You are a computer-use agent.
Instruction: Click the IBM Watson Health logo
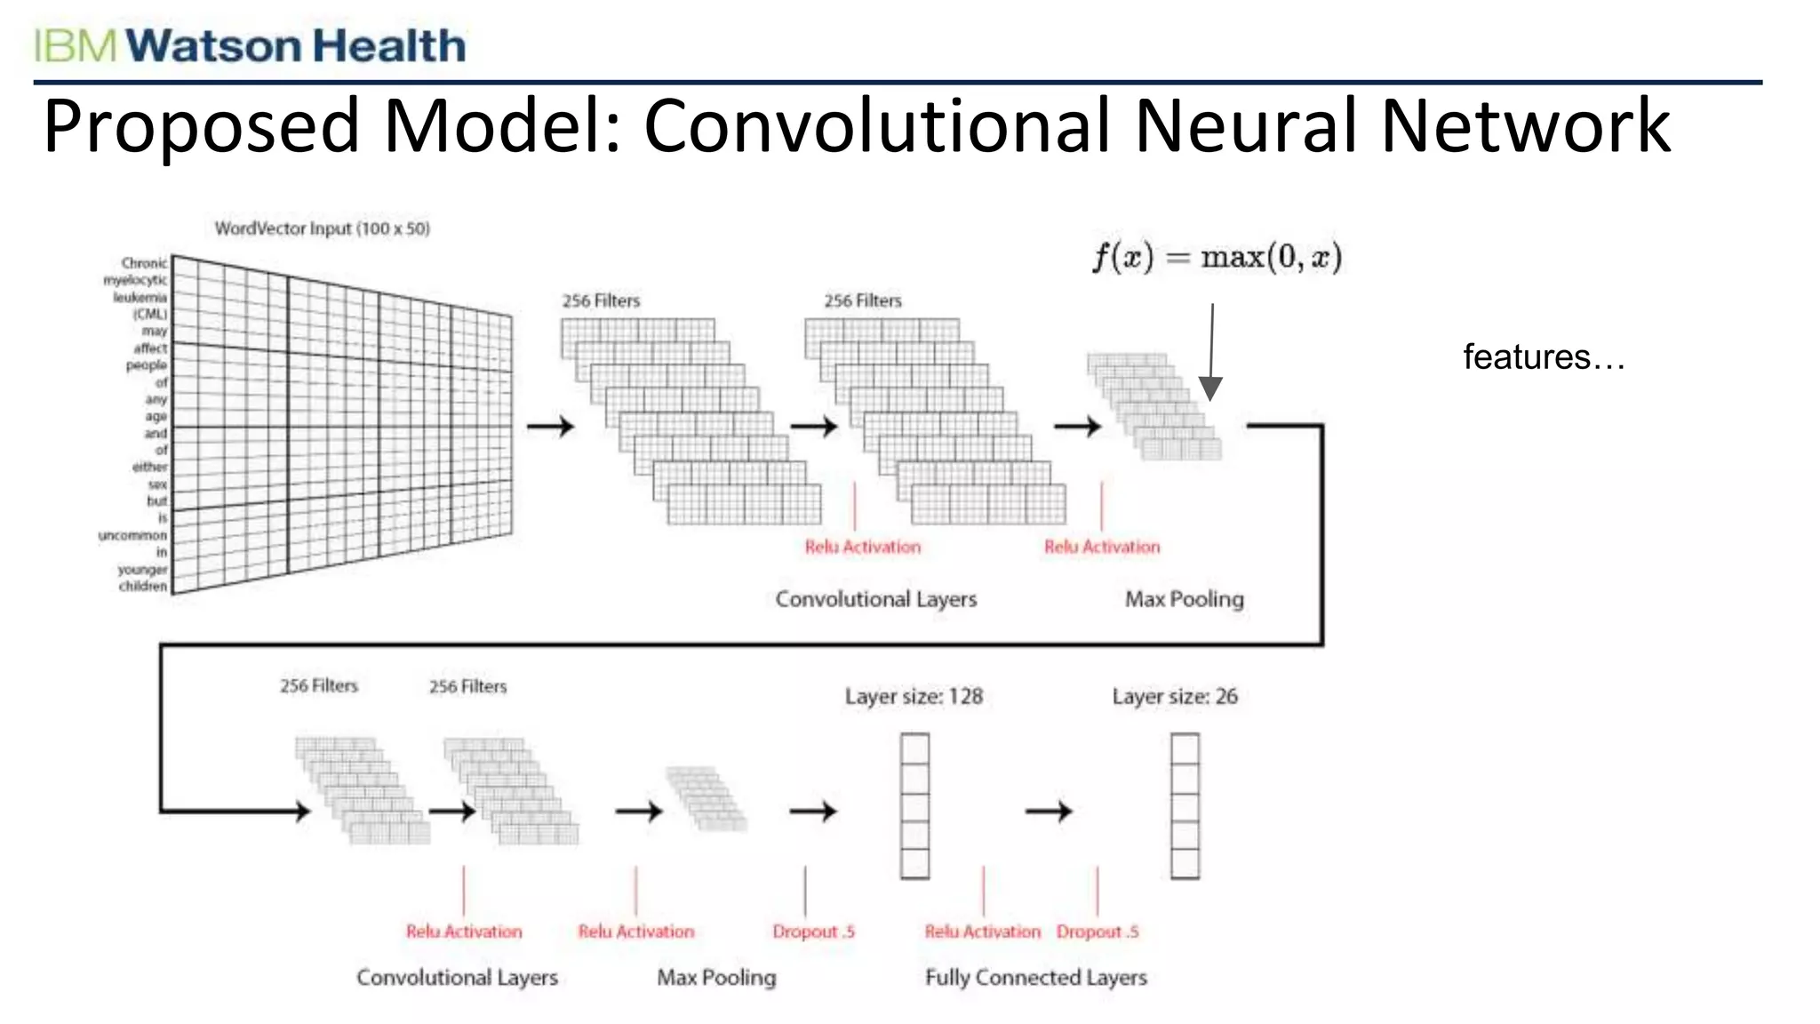click(250, 45)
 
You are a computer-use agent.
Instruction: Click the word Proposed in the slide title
click(201, 126)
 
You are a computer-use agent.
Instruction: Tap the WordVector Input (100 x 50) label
click(322, 228)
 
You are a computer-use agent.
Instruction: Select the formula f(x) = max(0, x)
click(1217, 258)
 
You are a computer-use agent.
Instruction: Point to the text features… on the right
click(1544, 357)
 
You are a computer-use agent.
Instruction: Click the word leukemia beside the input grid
click(140, 297)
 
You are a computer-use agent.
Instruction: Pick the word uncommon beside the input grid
click(132, 535)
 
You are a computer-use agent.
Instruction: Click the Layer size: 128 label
click(914, 696)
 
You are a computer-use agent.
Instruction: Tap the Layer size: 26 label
click(1174, 696)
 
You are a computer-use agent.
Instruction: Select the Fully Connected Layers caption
click(1035, 977)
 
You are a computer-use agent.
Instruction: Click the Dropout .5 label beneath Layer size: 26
click(1098, 932)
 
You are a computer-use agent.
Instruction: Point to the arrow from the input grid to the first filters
click(550, 427)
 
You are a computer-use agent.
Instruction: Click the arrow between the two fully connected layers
click(1049, 811)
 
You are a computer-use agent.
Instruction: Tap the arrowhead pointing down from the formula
click(1210, 388)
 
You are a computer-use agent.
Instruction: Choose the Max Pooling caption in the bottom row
click(716, 977)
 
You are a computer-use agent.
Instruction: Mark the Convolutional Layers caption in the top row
click(875, 599)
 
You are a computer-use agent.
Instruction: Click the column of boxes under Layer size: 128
click(914, 805)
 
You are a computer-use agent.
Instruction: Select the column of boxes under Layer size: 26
click(1185, 805)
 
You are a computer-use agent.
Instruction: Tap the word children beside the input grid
click(142, 587)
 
